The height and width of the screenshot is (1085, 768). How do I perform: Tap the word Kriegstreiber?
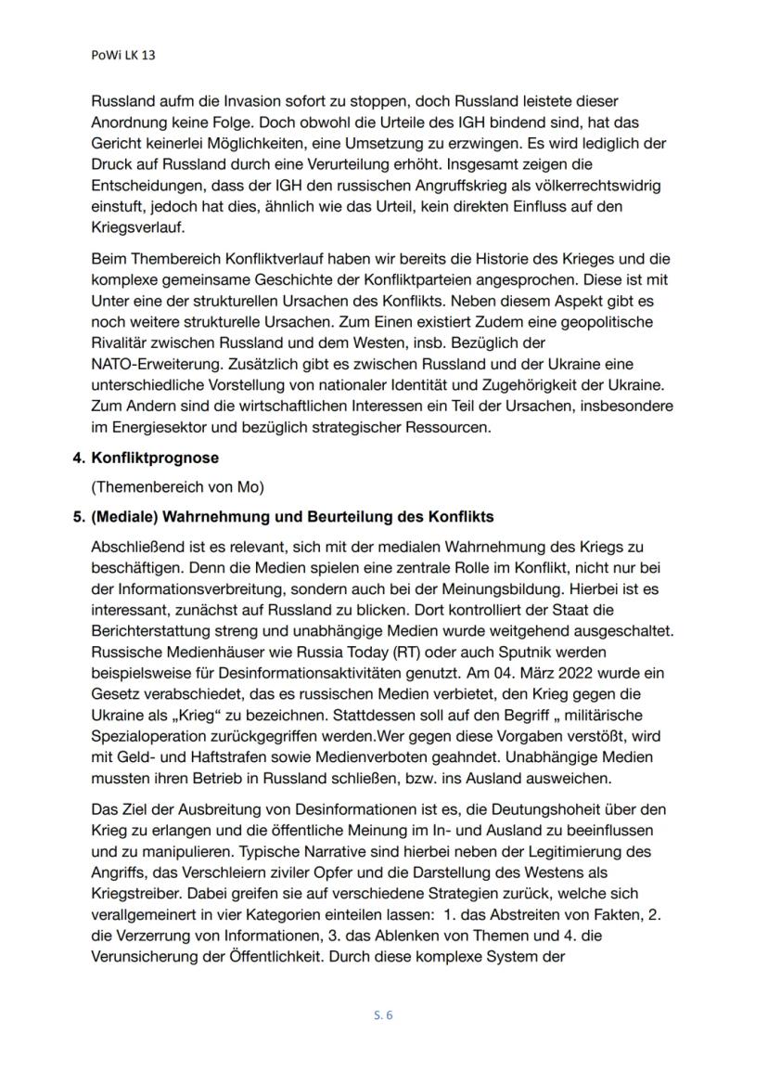[135, 891]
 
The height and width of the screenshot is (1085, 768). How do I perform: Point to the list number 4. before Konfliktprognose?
[80, 458]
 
